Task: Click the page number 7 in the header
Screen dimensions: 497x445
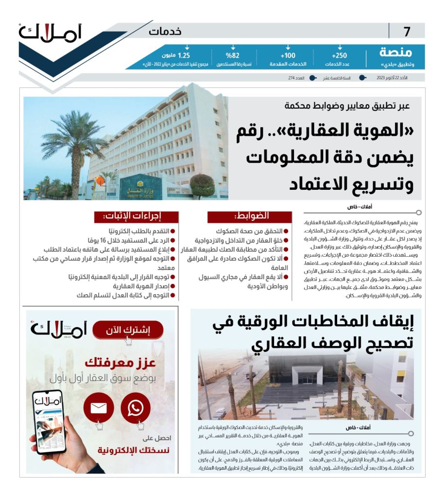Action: tap(407, 32)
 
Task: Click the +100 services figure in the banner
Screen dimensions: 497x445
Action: tap(288, 55)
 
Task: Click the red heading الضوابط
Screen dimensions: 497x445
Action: tap(250, 216)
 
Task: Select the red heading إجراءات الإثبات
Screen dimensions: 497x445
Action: tap(137, 216)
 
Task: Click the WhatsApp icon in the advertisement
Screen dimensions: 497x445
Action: tap(135, 408)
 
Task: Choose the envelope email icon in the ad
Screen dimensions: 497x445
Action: tap(99, 408)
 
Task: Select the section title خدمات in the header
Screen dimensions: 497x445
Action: tap(165, 32)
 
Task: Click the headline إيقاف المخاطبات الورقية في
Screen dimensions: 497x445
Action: tap(313, 323)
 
